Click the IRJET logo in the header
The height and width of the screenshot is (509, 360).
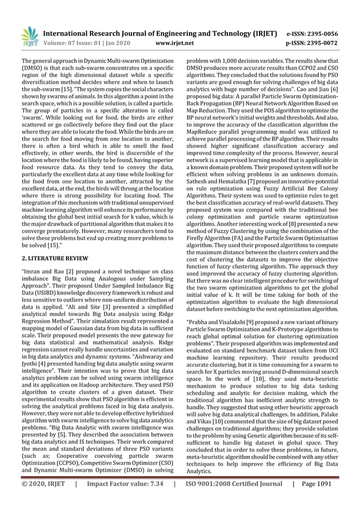[27, 36]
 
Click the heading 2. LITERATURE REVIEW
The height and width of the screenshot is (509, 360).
[55, 258]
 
